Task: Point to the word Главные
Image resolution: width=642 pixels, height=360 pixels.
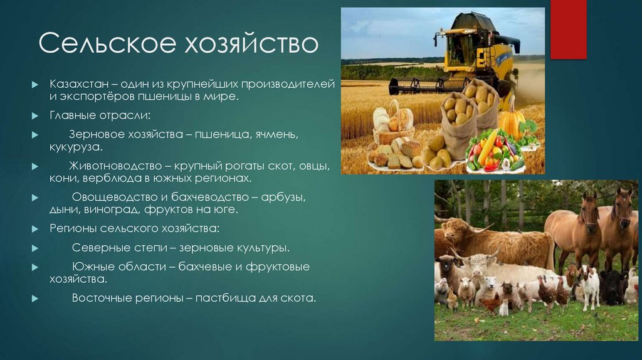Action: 71,116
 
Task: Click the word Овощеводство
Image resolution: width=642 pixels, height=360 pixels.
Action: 108,197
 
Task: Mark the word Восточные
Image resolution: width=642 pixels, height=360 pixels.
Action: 101,297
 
